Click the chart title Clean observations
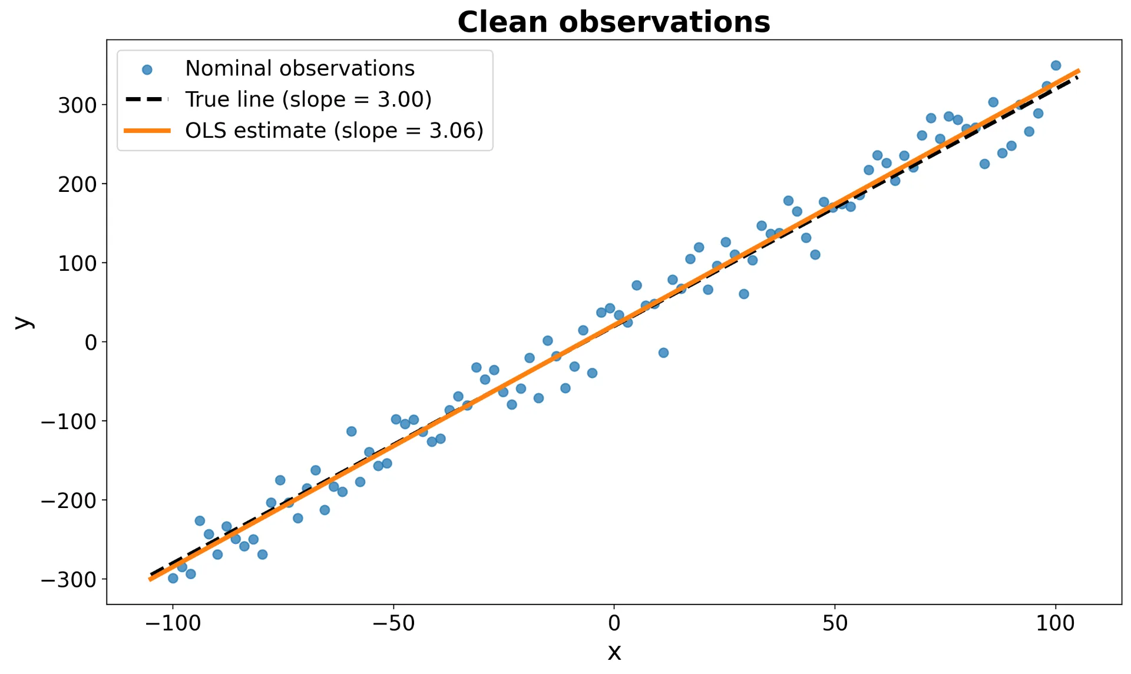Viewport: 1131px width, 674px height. point(614,22)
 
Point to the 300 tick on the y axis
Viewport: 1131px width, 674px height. point(77,105)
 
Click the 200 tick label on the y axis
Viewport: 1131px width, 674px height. point(77,184)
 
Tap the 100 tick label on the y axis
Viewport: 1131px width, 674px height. point(77,263)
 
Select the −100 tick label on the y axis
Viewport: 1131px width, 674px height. point(68,421)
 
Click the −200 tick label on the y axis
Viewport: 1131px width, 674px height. point(68,500)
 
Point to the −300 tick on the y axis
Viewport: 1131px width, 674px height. point(68,580)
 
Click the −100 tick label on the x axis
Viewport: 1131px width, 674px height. point(173,623)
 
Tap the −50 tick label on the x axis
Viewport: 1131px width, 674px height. point(393,623)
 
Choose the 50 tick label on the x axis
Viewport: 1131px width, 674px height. point(835,623)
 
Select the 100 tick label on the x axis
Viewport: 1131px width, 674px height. point(1056,623)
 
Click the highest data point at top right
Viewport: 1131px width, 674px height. point(1056,65)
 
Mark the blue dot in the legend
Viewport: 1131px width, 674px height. point(147,70)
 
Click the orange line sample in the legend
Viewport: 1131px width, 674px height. point(147,131)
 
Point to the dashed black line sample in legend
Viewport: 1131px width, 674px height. point(147,99)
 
